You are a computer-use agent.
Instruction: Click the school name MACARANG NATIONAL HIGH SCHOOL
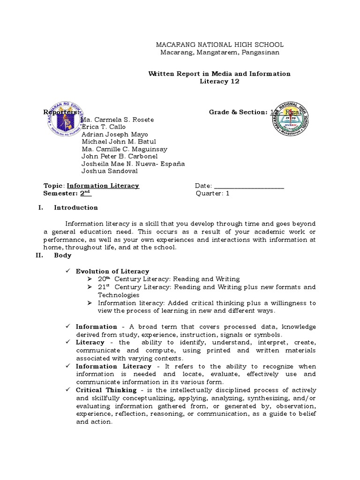click(219, 45)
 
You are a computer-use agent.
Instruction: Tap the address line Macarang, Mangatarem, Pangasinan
click(219, 52)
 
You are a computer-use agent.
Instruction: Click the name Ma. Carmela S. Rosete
click(118, 120)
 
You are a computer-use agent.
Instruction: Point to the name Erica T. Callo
click(104, 127)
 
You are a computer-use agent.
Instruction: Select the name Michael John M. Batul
click(119, 142)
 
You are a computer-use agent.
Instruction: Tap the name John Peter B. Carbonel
click(120, 156)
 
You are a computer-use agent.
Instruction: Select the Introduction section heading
click(76, 208)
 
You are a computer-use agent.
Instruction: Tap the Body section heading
click(63, 255)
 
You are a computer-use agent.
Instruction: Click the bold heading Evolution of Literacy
click(112, 271)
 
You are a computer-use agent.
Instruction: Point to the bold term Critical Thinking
click(106, 390)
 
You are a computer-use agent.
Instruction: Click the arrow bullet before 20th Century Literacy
click(90, 279)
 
